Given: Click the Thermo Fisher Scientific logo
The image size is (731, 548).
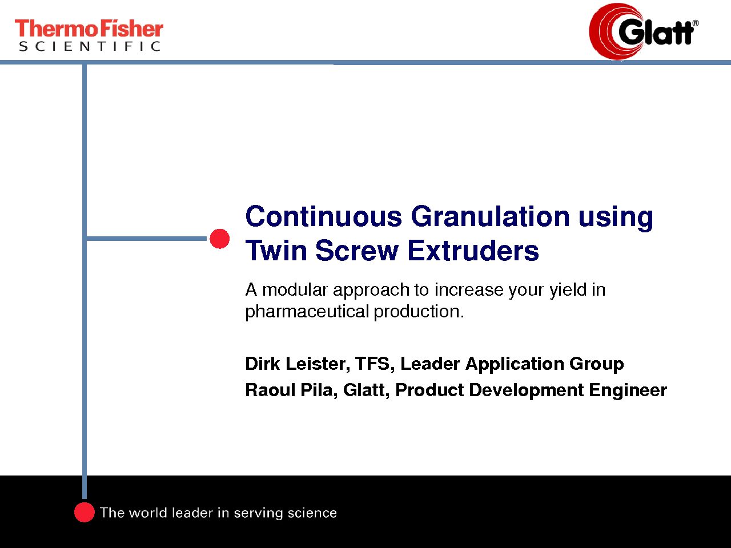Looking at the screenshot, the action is [89, 35].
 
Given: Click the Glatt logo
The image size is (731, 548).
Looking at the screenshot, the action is [644, 31].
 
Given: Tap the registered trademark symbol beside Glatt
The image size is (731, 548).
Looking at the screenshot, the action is [696, 23].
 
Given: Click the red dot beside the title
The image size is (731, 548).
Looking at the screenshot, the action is [220, 239].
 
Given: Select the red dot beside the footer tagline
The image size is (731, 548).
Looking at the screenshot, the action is [85, 513].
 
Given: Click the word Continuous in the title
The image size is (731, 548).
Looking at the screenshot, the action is [324, 216].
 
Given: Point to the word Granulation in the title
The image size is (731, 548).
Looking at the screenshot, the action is [490, 216].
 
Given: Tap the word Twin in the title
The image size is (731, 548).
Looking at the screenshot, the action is [276, 250].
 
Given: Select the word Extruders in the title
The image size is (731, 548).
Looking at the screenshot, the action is [473, 250].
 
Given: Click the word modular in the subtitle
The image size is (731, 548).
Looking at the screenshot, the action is [295, 289].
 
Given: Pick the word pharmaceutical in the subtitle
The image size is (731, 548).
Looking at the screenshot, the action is [307, 312].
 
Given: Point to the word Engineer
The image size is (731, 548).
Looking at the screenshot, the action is [628, 390].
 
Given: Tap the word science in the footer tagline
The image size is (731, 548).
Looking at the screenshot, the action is [312, 513].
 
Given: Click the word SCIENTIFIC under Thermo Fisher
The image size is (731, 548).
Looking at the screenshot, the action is [90, 46].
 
